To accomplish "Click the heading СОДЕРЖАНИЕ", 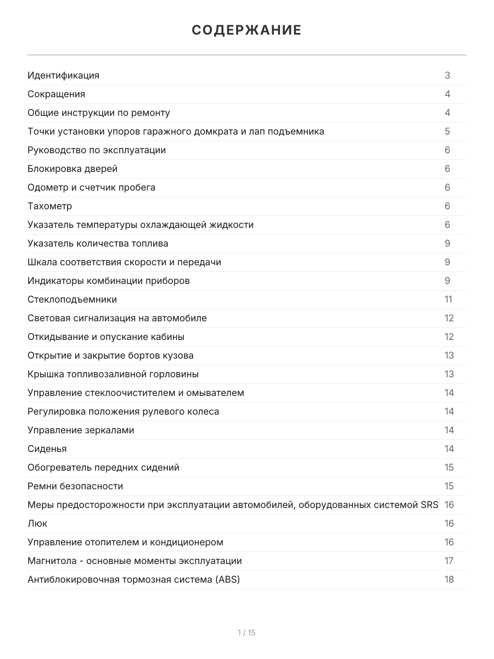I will pos(246,30).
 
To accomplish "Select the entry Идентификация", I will pos(63,75).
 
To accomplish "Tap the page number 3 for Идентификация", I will pos(447,75).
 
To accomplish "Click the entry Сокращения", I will pos(56,94).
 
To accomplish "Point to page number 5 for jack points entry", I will pos(447,131).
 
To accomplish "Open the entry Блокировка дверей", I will pos(72,169).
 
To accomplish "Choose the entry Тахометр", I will pos(49,206).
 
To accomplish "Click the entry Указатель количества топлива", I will pos(98,243).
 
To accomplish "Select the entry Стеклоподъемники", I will pos(72,299).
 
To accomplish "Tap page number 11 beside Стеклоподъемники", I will pos(448,299).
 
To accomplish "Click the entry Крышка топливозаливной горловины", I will pos(113,374).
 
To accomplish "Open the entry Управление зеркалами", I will pos(81,430).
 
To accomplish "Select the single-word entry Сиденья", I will pos(47,449).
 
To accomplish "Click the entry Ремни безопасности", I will pos(75,486).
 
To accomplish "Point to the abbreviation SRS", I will pos(429,505).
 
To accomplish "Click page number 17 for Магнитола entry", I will pos(449,561).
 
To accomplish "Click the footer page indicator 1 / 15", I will pos(246,633).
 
